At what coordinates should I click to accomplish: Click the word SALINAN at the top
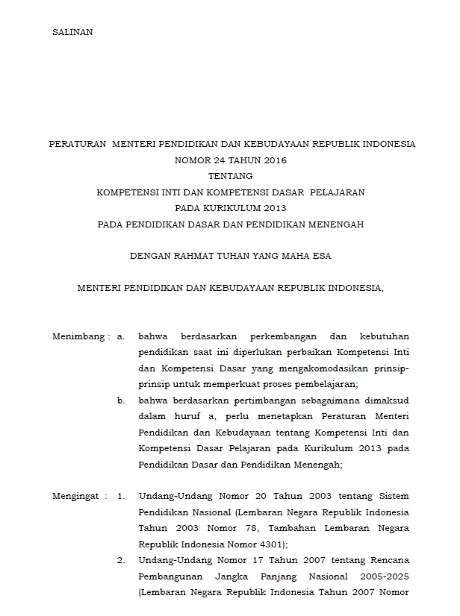click(x=72, y=32)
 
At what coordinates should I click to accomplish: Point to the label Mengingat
click(x=78, y=495)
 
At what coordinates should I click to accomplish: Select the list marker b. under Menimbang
click(x=121, y=400)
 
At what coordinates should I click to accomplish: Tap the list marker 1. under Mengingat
click(x=122, y=495)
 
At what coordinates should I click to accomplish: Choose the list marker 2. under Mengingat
click(x=122, y=559)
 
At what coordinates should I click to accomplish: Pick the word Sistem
click(x=392, y=495)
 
